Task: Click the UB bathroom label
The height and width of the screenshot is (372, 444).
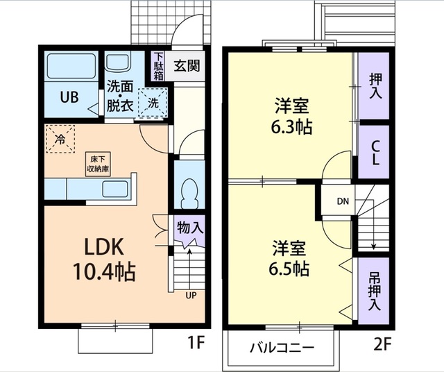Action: pos(69,97)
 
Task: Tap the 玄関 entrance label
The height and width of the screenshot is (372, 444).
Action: pos(187,66)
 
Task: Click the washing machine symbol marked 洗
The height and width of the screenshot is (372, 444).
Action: pos(153,102)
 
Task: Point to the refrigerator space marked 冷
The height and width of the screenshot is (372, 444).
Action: pos(60,139)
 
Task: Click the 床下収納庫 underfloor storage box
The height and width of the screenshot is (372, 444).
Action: pos(98,164)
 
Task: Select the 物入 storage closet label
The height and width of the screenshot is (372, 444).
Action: pos(190,227)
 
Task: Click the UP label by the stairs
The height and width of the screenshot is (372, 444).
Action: pos(191,296)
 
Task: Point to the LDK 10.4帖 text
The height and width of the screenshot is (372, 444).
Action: pos(103,258)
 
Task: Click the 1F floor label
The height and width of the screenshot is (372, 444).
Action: pos(196,344)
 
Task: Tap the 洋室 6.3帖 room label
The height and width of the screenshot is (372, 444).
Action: pos(291,116)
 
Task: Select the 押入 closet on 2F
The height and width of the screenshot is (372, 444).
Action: pos(373,86)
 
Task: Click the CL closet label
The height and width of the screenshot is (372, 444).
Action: pos(375,153)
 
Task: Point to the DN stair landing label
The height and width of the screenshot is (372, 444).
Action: pos(343,201)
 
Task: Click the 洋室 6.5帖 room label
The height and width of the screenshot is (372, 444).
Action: pos(289,258)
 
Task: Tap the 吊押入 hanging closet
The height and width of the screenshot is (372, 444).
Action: pos(373,291)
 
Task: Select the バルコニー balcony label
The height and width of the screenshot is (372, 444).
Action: pos(282,348)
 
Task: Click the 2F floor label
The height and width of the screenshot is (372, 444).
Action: pos(383,344)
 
